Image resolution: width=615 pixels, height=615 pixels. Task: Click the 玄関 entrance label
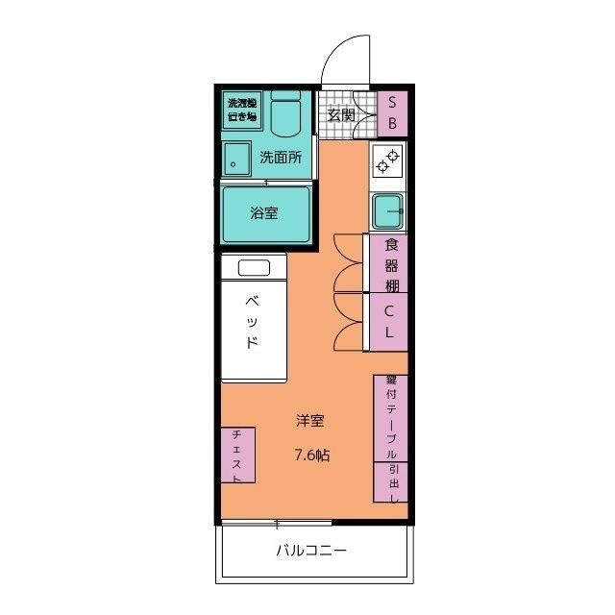[x=341, y=114]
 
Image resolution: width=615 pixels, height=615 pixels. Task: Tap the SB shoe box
[x=392, y=112]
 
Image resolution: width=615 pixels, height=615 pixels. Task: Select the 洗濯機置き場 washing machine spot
[x=241, y=110]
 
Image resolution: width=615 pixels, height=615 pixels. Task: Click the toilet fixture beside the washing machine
[x=284, y=116]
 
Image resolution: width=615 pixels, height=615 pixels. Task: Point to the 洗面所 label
[x=281, y=158]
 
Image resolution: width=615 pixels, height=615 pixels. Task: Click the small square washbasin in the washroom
[x=235, y=158]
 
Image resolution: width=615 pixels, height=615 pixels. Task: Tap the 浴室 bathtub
[x=266, y=213]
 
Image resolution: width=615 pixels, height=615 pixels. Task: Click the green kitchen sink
[x=389, y=208]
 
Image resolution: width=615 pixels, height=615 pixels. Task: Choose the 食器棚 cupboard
[x=390, y=263]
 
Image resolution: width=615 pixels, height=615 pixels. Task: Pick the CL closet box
[x=390, y=321]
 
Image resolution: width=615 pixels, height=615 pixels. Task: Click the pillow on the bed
[x=254, y=267]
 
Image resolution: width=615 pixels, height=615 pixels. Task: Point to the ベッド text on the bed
[x=252, y=322]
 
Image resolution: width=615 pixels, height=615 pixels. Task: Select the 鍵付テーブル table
[x=391, y=418]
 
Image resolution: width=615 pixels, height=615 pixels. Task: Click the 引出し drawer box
[x=391, y=483]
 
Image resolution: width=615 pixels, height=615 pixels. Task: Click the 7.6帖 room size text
[x=311, y=455]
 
